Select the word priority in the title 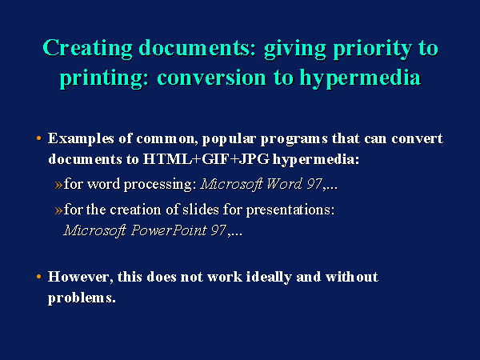[x=373, y=48]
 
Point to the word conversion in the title [x=211, y=77]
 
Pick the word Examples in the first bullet [x=81, y=139]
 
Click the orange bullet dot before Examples [x=38, y=138]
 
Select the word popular [x=229, y=139]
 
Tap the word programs [x=294, y=139]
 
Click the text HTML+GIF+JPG [x=206, y=159]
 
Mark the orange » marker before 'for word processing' [x=58, y=185]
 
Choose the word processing [x=160, y=185]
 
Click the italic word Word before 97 [x=284, y=184]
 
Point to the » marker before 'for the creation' [x=58, y=210]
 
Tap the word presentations [x=290, y=210]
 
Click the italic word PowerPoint [x=169, y=231]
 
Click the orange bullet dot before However [x=38, y=277]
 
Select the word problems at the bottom [x=82, y=298]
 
